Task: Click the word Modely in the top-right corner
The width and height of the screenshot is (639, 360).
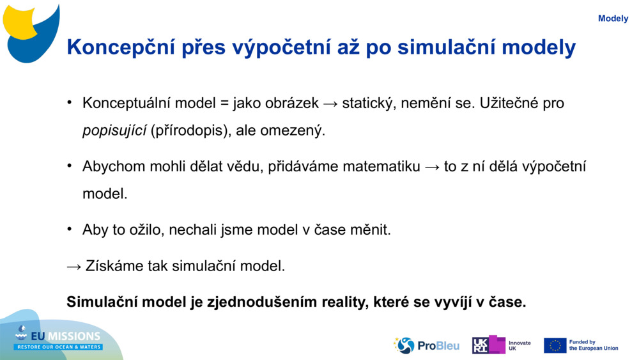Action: [x=613, y=19]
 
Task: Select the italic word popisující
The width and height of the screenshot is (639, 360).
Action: [x=114, y=131]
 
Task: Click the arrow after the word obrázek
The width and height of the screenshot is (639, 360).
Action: [x=330, y=104]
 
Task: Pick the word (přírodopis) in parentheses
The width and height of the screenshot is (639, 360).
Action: [x=189, y=131]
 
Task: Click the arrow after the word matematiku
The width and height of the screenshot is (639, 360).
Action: [x=432, y=168]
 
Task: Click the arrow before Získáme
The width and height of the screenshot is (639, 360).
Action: [x=74, y=267]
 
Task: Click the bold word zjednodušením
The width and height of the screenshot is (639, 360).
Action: [x=262, y=302]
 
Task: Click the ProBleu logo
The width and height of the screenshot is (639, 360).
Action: [x=426, y=345]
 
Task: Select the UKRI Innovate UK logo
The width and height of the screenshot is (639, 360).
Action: [x=501, y=345]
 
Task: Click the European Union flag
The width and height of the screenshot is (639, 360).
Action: [x=555, y=345]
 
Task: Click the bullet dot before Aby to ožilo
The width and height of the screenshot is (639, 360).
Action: [x=70, y=229]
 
